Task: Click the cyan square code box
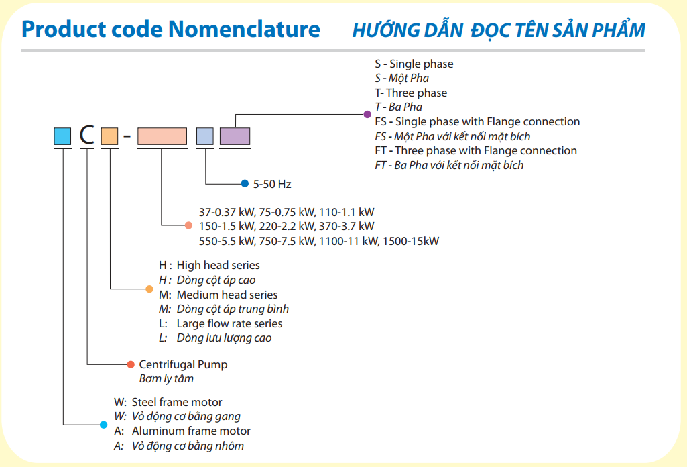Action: pos(62,136)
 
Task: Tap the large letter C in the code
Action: pos(86,136)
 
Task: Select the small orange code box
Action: pos(109,136)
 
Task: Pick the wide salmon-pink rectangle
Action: pos(162,136)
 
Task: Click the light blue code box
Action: pos(205,136)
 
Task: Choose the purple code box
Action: pos(235,136)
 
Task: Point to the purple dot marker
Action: pos(367,115)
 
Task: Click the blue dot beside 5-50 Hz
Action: pos(244,183)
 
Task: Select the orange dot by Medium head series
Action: pos(149,289)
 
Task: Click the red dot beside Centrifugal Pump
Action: pos(131,364)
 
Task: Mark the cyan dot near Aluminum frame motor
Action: pos(103,424)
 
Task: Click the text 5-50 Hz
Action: pos(271,184)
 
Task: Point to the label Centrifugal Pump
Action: pos(183,364)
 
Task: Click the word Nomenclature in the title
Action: pos(244,30)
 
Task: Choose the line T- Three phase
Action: pos(411,93)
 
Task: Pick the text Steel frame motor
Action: pos(177,403)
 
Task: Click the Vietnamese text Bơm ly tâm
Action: pos(166,379)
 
